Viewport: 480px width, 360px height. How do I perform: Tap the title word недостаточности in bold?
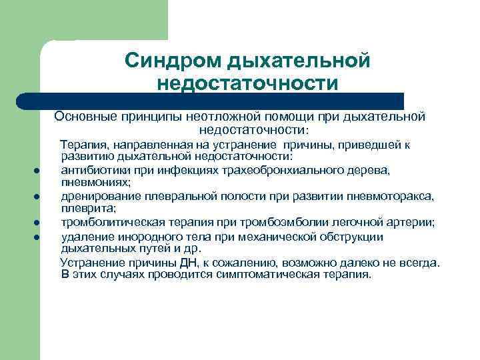247,83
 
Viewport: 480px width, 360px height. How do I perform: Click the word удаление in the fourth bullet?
85,236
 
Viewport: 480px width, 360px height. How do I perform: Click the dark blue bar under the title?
213,100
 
